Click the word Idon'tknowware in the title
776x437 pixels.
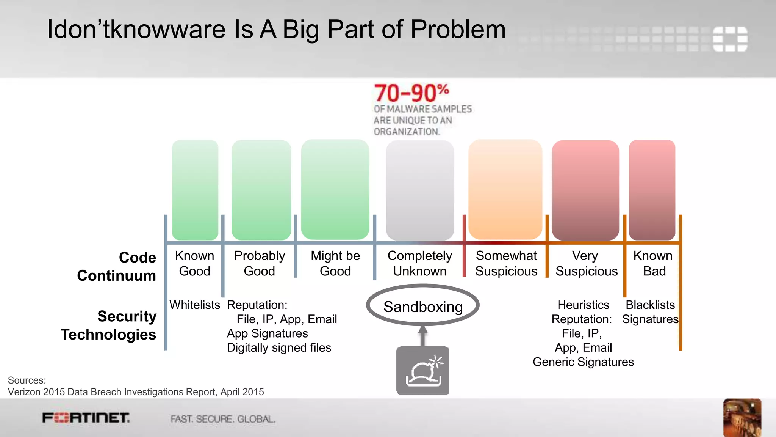[x=136, y=29]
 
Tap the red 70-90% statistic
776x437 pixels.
[x=411, y=93]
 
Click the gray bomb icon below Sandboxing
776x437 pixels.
[x=423, y=370]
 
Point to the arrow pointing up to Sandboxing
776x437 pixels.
[x=423, y=335]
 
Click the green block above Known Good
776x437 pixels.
[x=195, y=190]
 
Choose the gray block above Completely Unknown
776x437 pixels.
[x=420, y=190]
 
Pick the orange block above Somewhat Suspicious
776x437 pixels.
[x=505, y=190]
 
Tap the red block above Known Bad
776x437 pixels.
[x=652, y=190]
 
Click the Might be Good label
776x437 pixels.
[x=335, y=263]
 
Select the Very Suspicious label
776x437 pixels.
[x=586, y=263]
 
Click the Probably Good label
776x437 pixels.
[x=260, y=263]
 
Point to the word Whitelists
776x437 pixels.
[x=194, y=305]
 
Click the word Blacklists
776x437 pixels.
[x=650, y=305]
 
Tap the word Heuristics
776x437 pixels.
[x=583, y=305]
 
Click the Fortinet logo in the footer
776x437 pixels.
[x=86, y=418]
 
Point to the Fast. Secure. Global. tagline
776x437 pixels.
[x=223, y=419]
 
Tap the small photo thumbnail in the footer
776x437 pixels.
[x=742, y=417]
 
